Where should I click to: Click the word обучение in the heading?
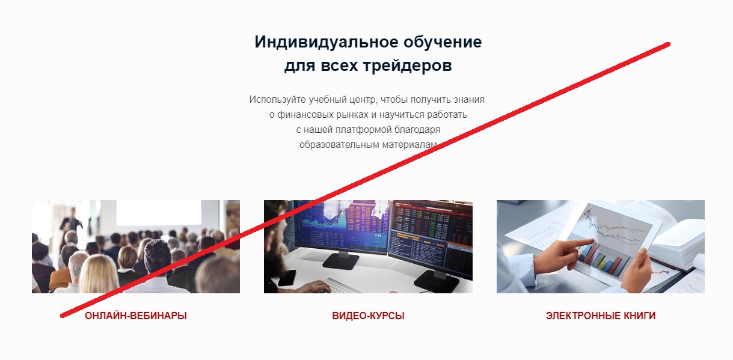tap(443, 43)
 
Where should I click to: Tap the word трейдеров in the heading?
tap(408, 66)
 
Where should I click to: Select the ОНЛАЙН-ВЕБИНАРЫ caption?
tap(136, 316)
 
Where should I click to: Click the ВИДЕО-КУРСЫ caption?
tap(368, 316)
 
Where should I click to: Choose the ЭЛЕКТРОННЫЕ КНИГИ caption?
tap(601, 316)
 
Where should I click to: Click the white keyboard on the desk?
tap(343, 286)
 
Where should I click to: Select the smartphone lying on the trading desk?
tap(287, 277)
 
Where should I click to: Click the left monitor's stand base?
tap(340, 261)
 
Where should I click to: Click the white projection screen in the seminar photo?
tap(159, 213)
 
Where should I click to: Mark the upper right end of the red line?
tap(668, 44)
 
